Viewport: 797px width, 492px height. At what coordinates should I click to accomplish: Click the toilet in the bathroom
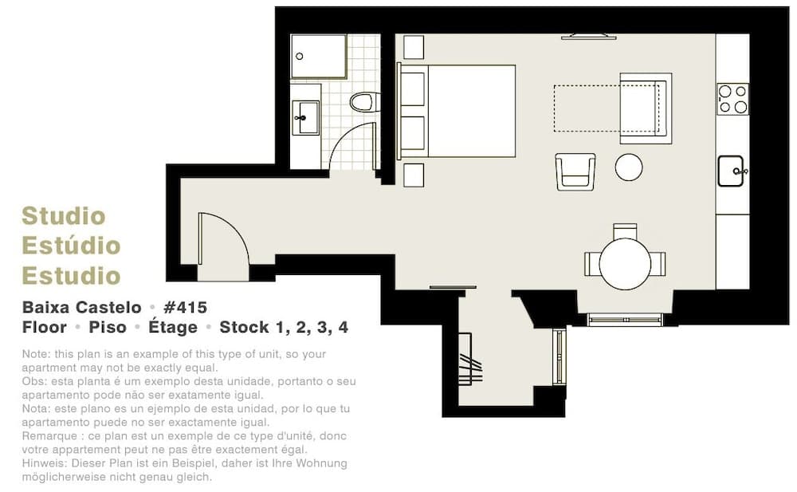pyautogui.click(x=364, y=102)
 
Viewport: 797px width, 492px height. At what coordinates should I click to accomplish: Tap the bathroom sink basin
pyautogui.click(x=306, y=117)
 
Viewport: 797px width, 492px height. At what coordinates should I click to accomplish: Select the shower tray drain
pyautogui.click(x=300, y=57)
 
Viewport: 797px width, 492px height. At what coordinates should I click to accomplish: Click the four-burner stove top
pyautogui.click(x=732, y=99)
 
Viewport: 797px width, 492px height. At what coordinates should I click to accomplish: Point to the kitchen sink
pyautogui.click(x=730, y=171)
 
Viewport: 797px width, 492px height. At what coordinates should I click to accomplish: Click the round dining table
pyautogui.click(x=625, y=264)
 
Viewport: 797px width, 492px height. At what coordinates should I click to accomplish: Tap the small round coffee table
pyautogui.click(x=629, y=167)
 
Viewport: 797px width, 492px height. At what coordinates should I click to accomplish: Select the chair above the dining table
pyautogui.click(x=625, y=231)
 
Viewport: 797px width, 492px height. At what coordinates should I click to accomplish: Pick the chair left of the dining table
pyautogui.click(x=592, y=264)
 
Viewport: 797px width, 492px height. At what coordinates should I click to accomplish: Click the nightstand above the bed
pyautogui.click(x=414, y=47)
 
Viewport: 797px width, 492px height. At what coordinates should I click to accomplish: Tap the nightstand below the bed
pyautogui.click(x=414, y=175)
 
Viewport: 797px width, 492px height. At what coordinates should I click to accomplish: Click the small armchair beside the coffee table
pyautogui.click(x=575, y=172)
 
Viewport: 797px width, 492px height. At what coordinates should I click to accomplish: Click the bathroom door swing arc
pyautogui.click(x=342, y=136)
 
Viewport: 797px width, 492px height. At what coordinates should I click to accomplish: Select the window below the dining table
pyautogui.click(x=625, y=320)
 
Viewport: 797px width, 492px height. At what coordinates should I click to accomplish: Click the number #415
pyautogui.click(x=186, y=307)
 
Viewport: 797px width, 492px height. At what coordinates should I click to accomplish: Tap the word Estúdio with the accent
pyautogui.click(x=71, y=245)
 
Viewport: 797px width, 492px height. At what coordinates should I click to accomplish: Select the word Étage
pyautogui.click(x=173, y=326)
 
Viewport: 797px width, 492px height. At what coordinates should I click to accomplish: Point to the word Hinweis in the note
pyautogui.click(x=44, y=463)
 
